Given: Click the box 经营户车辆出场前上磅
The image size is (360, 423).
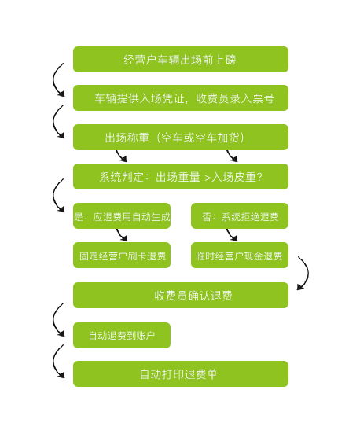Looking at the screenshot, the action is [x=181, y=59].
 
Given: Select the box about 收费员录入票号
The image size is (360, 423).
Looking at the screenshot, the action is [x=181, y=98].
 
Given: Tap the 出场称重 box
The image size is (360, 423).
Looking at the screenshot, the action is [x=181, y=137].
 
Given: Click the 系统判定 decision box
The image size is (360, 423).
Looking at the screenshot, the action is [x=181, y=176].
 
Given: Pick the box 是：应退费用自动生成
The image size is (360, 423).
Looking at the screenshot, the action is [x=122, y=215].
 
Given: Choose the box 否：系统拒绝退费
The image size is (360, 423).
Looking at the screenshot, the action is [x=240, y=215].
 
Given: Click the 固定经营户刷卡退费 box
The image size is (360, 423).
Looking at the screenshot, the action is [x=122, y=256].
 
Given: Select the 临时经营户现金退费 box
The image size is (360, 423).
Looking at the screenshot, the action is [x=240, y=256].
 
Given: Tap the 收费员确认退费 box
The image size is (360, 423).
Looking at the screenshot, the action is [x=181, y=295].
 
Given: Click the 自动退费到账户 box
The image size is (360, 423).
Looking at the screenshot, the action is [x=122, y=335].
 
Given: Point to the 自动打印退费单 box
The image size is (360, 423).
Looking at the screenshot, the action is [x=181, y=374].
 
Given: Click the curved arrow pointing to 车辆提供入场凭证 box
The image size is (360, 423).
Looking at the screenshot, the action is [x=53, y=80].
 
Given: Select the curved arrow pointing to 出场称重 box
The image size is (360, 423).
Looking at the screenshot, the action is [x=53, y=122].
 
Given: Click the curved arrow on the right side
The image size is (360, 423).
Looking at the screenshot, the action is [x=307, y=273].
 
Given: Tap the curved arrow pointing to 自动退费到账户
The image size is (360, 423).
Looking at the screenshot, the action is [x=53, y=320].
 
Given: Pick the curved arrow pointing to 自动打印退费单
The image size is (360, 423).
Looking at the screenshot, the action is [x=53, y=362].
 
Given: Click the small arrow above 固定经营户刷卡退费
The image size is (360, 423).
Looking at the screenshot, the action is [x=121, y=235].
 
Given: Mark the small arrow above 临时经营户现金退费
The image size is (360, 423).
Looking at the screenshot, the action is [x=231, y=235].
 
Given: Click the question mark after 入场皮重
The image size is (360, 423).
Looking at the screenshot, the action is [x=259, y=177].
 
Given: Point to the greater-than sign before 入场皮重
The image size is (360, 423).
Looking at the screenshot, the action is [x=208, y=178].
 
